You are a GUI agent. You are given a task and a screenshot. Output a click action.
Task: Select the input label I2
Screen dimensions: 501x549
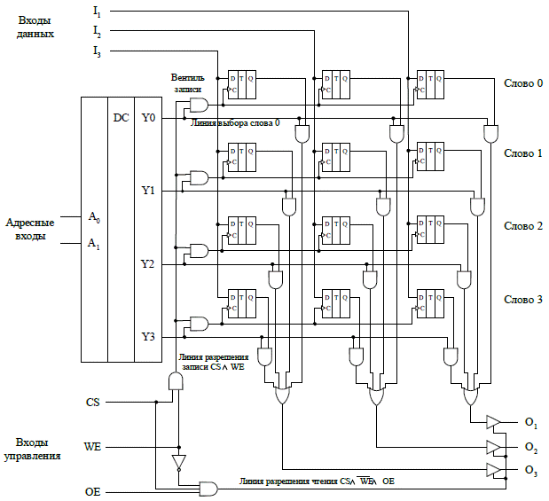pyautogui.click(x=97, y=31)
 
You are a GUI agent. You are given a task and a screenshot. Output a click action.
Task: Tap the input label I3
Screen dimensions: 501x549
pyautogui.click(x=97, y=52)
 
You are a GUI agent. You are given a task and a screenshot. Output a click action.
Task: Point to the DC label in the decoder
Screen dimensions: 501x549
pyautogui.click(x=121, y=117)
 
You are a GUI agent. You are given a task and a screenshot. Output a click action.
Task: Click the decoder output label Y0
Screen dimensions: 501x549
pyautogui.click(x=148, y=117)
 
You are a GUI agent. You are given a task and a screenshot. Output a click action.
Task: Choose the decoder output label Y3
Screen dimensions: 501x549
pyautogui.click(x=148, y=337)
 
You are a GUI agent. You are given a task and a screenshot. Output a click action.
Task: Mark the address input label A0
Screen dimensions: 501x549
pyautogui.click(x=94, y=216)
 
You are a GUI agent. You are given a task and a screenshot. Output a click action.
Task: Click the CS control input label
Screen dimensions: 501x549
pyautogui.click(x=92, y=402)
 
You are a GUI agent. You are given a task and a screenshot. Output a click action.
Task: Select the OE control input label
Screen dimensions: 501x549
pyautogui.click(x=92, y=489)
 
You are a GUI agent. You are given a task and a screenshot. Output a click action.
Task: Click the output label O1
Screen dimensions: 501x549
pyautogui.click(x=531, y=421)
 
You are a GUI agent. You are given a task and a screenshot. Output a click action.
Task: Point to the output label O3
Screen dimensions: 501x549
pyautogui.click(x=531, y=469)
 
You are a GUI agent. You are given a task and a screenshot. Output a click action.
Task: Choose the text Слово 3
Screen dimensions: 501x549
pyautogui.click(x=522, y=300)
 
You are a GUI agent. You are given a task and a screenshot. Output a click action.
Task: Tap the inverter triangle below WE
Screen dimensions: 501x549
pyautogui.click(x=178, y=462)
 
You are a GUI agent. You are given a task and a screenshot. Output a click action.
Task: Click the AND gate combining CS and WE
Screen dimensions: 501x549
pyautogui.click(x=176, y=381)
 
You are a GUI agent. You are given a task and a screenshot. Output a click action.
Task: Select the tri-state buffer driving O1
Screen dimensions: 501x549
pyautogui.click(x=493, y=421)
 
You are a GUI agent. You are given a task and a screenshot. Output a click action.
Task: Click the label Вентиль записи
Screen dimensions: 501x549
pyautogui.click(x=187, y=83)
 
